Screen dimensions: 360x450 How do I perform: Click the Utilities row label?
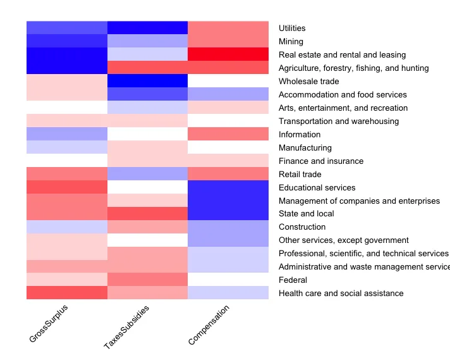click(x=291, y=28)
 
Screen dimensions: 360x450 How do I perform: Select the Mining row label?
click(x=291, y=41)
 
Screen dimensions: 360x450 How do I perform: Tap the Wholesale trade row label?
click(x=308, y=81)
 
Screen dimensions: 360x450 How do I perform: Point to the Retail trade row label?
click(x=300, y=174)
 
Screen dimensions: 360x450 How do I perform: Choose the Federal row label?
click(x=293, y=280)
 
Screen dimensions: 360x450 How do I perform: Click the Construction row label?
click(x=302, y=227)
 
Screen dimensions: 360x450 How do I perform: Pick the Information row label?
click(x=299, y=134)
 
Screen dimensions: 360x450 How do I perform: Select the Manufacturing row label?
click(x=305, y=147)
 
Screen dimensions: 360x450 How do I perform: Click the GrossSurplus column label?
click(x=49, y=323)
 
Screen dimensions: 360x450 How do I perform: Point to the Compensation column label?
click(x=209, y=325)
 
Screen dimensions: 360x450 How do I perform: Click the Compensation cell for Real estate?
click(x=228, y=54)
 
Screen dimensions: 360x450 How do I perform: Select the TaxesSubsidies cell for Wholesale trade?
click(x=147, y=81)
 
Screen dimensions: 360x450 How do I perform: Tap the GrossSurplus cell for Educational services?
click(x=67, y=187)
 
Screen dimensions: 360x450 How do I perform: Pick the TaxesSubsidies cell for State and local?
click(x=147, y=213)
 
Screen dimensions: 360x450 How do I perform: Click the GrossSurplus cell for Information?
click(x=67, y=134)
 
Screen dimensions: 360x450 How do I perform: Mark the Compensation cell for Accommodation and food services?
click(x=228, y=94)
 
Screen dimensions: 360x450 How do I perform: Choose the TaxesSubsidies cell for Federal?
click(x=147, y=280)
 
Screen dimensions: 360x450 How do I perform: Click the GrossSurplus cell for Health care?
click(x=67, y=293)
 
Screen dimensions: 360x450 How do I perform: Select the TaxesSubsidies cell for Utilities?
click(x=147, y=28)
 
